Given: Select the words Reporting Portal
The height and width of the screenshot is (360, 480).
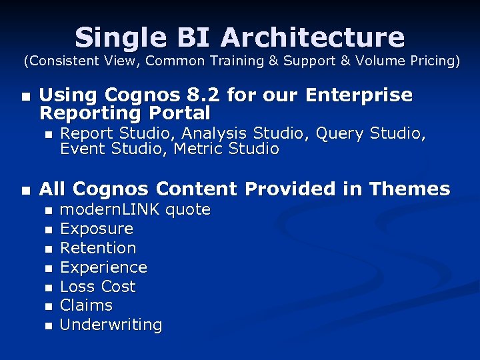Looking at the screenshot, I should (x=125, y=113).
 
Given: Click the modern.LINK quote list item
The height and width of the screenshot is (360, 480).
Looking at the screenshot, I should (x=135, y=210).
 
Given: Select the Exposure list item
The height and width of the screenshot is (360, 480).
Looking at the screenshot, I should (x=97, y=229).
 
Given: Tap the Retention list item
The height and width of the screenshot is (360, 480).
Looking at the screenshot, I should (x=98, y=249).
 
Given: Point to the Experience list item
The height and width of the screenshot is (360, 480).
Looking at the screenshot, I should (x=103, y=267).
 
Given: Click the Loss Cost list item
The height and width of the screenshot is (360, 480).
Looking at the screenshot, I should (x=98, y=287).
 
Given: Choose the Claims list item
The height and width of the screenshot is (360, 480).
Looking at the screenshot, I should (x=87, y=305).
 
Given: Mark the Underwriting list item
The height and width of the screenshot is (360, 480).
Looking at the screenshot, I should (x=111, y=325).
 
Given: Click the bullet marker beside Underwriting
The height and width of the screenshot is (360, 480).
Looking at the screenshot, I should (x=47, y=326).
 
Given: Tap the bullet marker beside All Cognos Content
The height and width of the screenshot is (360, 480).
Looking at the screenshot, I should (x=25, y=191).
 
